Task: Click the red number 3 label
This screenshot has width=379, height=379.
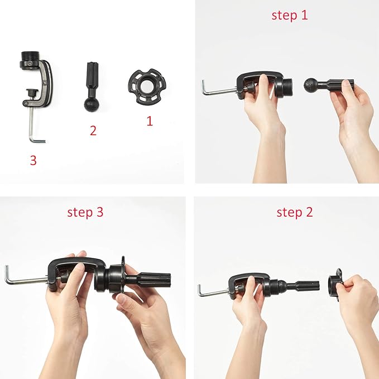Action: click(33, 161)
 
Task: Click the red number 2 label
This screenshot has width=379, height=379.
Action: click(93, 131)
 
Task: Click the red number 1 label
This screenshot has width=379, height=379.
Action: click(149, 120)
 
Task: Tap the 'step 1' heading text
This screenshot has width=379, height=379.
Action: click(289, 15)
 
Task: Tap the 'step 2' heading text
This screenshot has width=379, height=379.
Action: click(295, 212)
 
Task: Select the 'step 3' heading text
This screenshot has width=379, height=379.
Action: click(85, 212)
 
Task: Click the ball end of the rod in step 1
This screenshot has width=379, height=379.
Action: click(310, 85)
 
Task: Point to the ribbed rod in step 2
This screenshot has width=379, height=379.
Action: click(304, 286)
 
